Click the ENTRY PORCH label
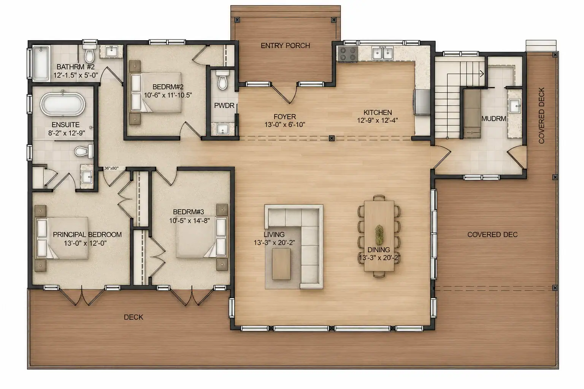pos(285,46)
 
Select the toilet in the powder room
pos(223,79)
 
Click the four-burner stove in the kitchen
pos(348,54)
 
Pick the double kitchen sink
pos(382,54)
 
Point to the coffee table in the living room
pos(281,264)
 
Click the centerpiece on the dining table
pos(379,234)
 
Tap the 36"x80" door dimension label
pos(111,168)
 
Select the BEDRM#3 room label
pos(189,212)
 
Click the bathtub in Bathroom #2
pos(41,63)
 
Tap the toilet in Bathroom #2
pos(89,54)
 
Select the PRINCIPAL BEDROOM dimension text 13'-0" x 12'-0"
pos(85,243)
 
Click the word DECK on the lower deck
pos(133,317)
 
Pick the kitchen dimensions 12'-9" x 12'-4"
pos(378,120)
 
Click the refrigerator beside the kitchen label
pos(422,102)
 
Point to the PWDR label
pos(224,106)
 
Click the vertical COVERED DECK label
pos(541,115)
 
